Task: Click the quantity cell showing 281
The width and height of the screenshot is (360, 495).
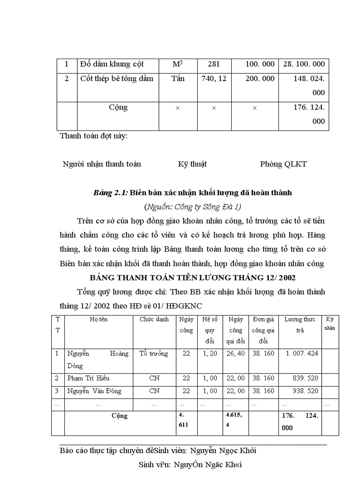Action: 214,64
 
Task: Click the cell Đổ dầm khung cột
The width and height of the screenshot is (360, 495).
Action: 112,64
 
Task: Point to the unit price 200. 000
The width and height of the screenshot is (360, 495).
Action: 259,79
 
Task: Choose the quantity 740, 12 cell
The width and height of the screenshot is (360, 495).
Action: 214,79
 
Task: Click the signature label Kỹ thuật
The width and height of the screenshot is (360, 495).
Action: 192,164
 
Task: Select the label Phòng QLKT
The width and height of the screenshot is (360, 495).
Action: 283,164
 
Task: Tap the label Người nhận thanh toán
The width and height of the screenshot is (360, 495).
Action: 102,164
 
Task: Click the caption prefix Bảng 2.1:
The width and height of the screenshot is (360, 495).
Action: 111,193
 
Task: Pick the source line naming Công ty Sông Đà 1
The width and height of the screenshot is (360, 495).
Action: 192,206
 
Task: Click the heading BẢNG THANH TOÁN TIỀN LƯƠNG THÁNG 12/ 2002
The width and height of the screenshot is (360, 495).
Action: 192,278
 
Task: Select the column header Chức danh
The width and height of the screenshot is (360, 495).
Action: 154,320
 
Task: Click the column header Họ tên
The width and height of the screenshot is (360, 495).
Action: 98,320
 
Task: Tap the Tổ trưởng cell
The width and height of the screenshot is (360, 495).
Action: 154,354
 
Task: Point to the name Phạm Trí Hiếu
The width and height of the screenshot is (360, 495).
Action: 88,378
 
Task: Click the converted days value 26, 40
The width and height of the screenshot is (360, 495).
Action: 235,354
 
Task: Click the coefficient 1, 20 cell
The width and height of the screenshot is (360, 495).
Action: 210,354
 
